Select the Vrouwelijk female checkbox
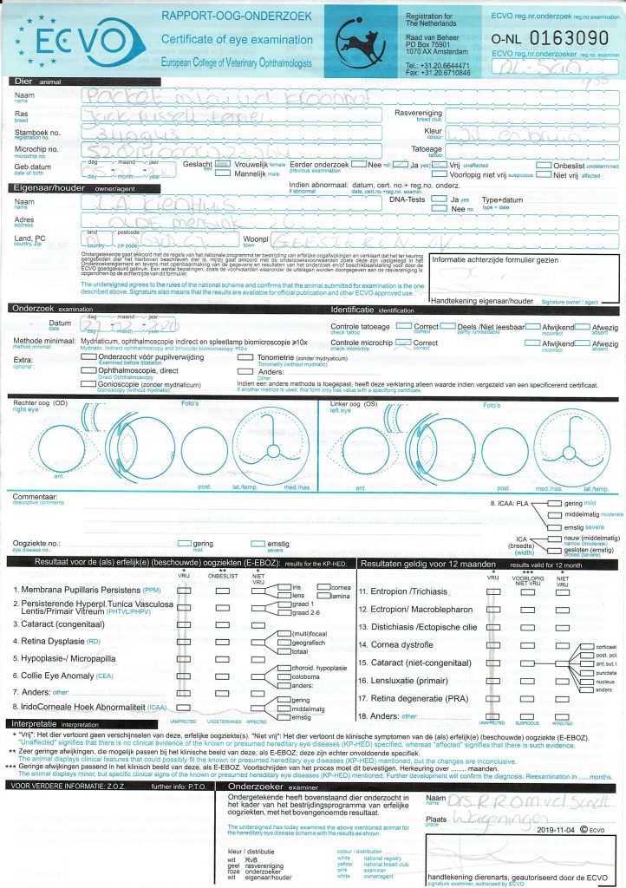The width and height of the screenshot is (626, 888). (223, 163)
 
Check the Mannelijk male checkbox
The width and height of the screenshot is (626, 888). (223, 173)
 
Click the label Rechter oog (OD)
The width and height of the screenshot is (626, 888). (39, 405)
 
